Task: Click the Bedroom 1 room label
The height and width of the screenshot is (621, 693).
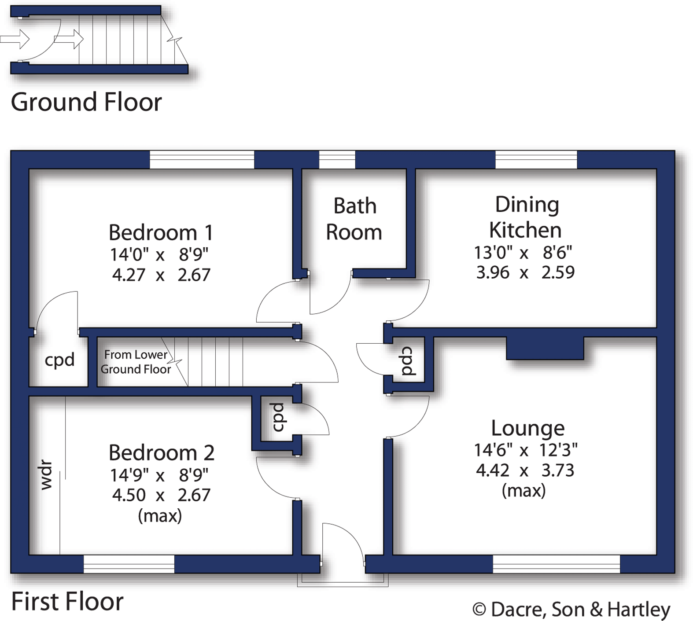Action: [161, 233]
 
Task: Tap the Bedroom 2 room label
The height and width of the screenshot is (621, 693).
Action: [161, 453]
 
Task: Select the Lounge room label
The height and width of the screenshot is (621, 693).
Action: [527, 428]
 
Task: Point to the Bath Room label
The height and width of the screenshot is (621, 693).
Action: [354, 219]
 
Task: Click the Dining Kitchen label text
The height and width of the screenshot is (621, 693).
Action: [526, 217]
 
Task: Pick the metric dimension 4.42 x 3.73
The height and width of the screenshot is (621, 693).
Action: [525, 470]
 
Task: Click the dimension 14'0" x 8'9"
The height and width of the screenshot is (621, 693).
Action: [159, 254]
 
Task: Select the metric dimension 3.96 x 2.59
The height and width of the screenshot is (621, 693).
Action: [525, 272]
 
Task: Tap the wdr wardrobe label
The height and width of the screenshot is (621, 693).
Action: [46, 475]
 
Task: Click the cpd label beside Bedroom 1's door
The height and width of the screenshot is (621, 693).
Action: [59, 360]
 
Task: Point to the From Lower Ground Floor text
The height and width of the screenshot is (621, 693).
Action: [136, 362]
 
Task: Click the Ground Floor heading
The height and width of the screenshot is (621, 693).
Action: [86, 102]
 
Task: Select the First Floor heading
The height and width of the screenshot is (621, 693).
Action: [67, 602]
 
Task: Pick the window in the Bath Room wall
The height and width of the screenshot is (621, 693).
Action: [337, 160]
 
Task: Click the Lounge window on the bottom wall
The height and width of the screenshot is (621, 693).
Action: [556, 564]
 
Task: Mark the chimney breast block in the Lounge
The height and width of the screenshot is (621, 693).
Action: [545, 348]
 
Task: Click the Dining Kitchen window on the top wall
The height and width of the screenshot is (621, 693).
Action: [536, 160]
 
